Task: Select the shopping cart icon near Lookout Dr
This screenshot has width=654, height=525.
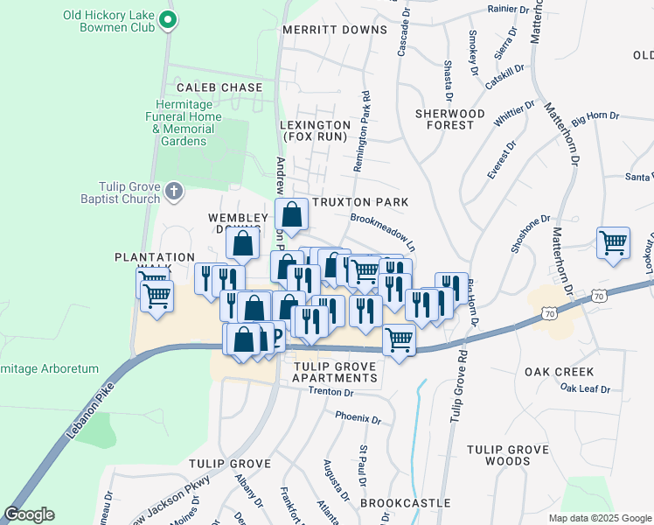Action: tap(613, 243)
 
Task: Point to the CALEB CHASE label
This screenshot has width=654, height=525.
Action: tap(219, 87)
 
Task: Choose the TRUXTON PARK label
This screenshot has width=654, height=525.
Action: tap(366, 202)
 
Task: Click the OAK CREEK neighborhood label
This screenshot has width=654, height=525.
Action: tap(560, 372)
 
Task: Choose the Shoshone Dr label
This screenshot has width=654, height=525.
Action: tap(532, 233)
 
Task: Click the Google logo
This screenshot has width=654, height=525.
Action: tap(30, 514)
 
